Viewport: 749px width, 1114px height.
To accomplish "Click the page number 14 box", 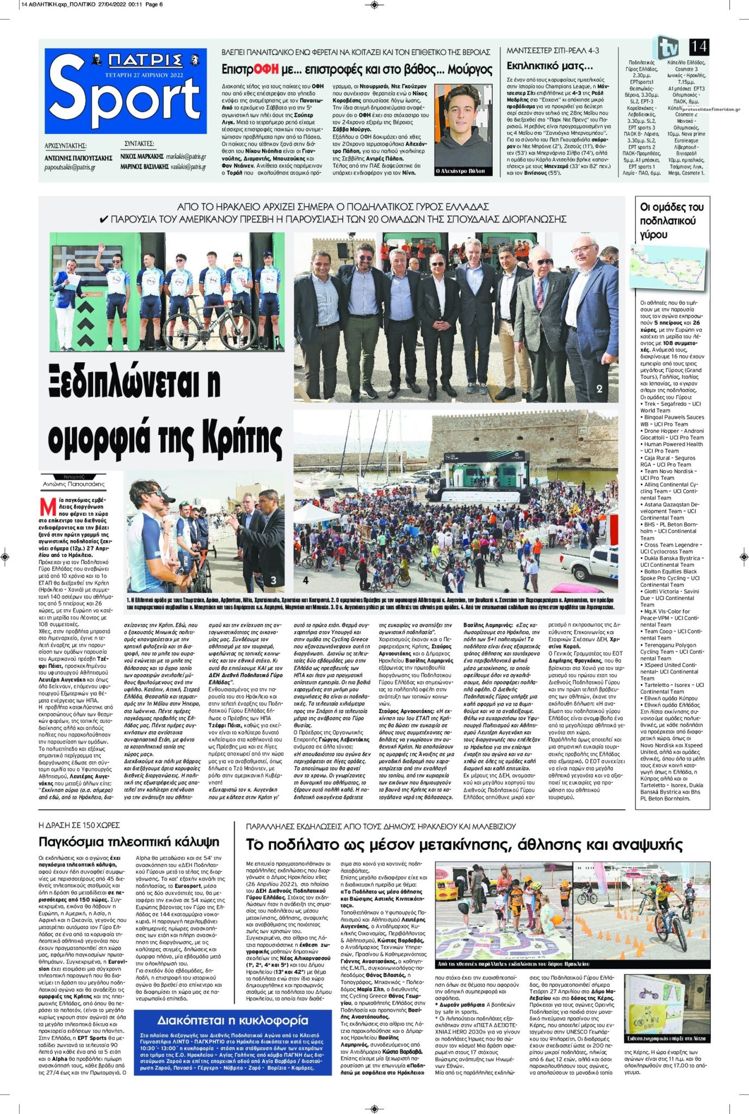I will [698, 47].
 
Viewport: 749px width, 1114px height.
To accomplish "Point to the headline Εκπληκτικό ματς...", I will [549, 66].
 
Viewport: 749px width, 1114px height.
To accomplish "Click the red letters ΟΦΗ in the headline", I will [265, 69].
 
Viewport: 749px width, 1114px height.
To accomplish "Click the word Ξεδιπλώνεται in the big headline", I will [133, 382].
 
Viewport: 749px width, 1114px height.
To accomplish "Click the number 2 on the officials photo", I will [599, 388].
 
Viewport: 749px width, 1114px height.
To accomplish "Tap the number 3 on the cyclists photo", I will [274, 580].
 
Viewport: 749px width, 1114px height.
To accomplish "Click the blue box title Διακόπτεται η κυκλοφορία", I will [233, 1020].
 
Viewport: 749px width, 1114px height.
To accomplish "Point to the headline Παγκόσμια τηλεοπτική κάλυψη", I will [129, 841].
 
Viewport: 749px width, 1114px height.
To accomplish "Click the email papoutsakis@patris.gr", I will [70, 168].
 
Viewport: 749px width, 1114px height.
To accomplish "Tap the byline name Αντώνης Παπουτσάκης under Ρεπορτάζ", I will [74, 484].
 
